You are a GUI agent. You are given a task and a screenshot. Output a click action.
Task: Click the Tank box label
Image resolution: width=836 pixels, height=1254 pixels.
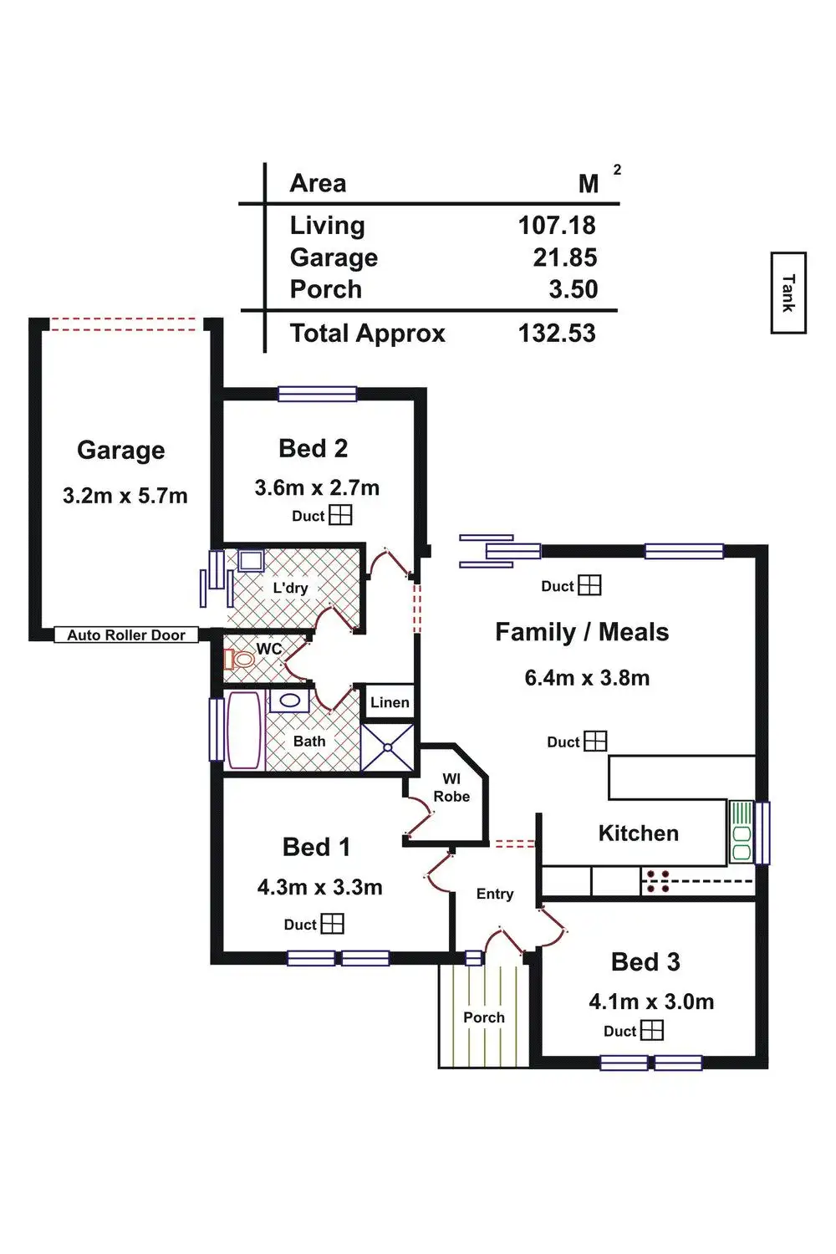(x=788, y=293)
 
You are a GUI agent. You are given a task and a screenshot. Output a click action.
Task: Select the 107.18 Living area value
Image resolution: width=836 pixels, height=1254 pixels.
(x=557, y=226)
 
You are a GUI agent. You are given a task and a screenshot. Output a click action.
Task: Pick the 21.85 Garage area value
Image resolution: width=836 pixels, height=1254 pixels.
(x=565, y=257)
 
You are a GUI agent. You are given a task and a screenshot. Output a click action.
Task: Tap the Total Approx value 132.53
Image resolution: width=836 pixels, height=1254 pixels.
(x=557, y=333)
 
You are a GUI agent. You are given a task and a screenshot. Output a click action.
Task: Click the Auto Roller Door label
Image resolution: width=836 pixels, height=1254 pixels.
(x=126, y=635)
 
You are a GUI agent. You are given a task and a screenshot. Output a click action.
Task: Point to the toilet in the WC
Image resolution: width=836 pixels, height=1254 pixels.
(x=239, y=659)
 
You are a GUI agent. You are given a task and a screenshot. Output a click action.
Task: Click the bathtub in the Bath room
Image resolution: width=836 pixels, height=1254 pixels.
(x=245, y=730)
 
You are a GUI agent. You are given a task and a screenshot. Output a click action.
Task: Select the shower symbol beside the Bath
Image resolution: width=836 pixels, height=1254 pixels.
(x=387, y=747)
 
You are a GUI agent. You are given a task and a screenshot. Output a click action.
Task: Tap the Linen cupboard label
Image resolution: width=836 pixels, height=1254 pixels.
(x=390, y=702)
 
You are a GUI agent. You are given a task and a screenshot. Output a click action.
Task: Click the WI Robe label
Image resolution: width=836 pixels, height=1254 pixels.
(x=451, y=788)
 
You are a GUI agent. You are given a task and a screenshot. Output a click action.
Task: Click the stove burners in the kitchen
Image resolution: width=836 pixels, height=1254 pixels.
(x=657, y=880)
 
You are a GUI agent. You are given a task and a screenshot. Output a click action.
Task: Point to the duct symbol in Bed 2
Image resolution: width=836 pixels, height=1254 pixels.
(x=340, y=515)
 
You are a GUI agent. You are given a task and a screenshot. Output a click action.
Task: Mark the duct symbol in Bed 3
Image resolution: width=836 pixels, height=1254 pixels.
(x=652, y=1030)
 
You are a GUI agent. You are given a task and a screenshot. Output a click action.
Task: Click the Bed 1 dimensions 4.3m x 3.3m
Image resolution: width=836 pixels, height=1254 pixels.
(x=319, y=887)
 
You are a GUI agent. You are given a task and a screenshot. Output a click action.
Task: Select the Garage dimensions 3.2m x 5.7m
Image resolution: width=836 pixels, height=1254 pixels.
(x=125, y=496)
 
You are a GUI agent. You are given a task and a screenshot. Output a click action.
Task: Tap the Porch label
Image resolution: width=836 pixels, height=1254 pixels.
(x=484, y=1017)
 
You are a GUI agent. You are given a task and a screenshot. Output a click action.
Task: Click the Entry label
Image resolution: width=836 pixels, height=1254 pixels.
(x=495, y=894)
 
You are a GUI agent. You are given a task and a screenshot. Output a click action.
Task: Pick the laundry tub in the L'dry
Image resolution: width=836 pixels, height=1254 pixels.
(x=251, y=560)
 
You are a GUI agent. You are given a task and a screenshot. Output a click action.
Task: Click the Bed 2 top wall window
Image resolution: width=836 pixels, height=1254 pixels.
(x=317, y=394)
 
